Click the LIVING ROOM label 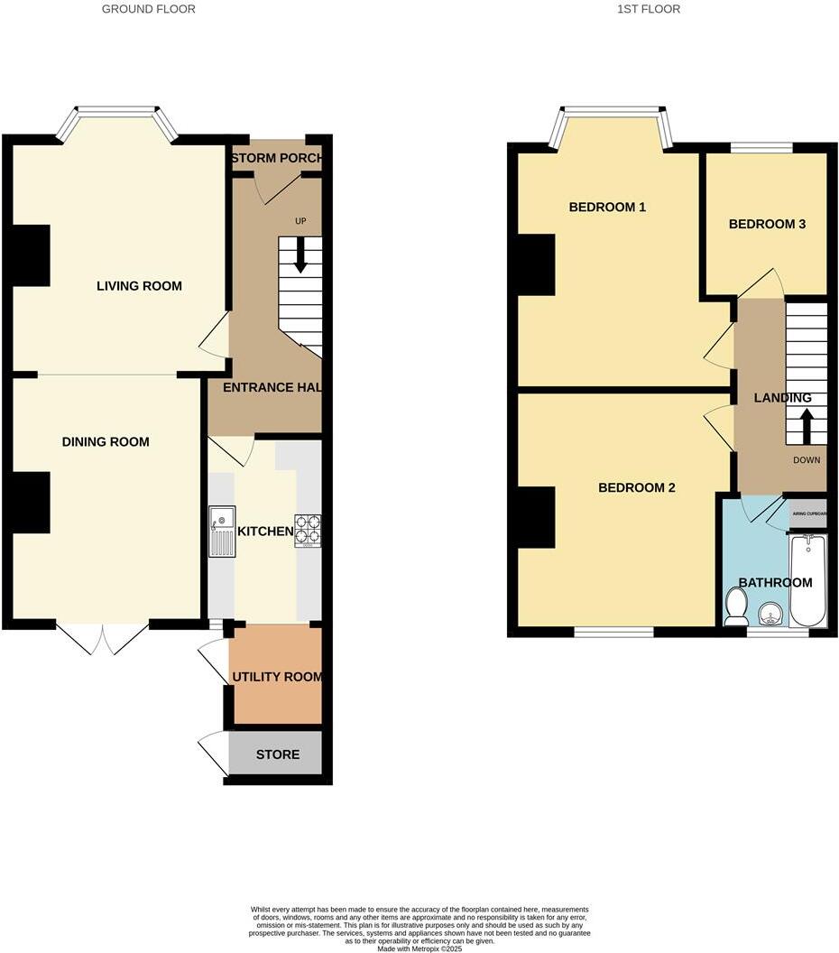coord(139,286)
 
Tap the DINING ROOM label coord(106,442)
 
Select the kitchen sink coord(222,532)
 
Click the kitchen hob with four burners coord(307,531)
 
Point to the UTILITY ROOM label coord(277,677)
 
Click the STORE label coord(277,754)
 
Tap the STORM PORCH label coord(277,160)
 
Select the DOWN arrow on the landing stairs coord(807,424)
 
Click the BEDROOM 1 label coord(607,208)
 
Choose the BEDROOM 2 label coord(637,488)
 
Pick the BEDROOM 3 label coord(767,225)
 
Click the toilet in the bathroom coord(735,606)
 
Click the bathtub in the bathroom coord(807,582)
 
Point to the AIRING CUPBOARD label coord(808,514)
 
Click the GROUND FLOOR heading coord(148,9)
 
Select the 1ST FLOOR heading coord(649,9)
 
